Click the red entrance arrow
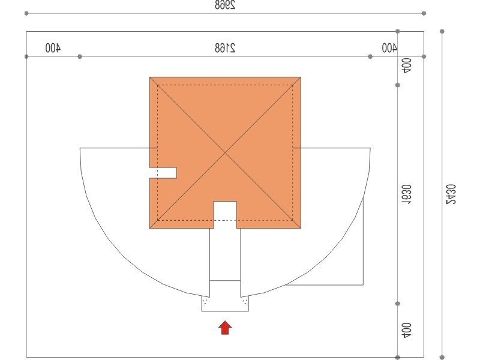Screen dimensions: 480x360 pyautogui.click(x=225, y=328)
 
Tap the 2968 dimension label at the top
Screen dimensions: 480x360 pyautogui.click(x=225, y=5)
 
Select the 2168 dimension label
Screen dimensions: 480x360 pyautogui.click(x=225, y=48)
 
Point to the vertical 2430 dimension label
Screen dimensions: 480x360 pyautogui.click(x=451, y=194)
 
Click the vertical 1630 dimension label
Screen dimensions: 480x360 pyautogui.click(x=407, y=194)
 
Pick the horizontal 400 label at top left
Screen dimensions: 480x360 pyautogui.click(x=53, y=48)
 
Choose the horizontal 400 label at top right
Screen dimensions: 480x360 pyautogui.click(x=389, y=48)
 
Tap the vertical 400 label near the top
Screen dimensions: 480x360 pyautogui.click(x=407, y=66)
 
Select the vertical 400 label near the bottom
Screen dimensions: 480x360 pyautogui.click(x=407, y=331)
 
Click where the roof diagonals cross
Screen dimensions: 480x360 pyautogui.click(x=225, y=152)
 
